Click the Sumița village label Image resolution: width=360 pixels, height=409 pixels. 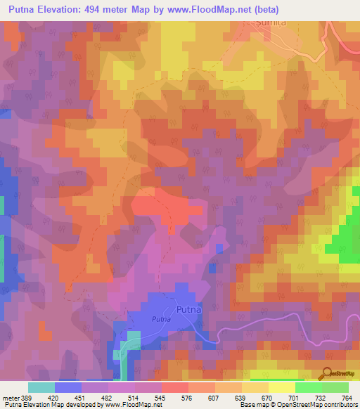click(269, 23)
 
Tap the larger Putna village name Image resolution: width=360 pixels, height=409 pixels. click(188, 309)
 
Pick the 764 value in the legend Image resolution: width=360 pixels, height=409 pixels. click(347, 397)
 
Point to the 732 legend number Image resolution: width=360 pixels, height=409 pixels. click(320, 397)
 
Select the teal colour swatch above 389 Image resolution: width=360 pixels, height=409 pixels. click(41, 387)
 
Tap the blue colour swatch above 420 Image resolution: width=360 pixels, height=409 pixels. click(67, 387)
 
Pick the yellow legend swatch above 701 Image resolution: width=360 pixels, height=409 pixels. click(281, 387)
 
